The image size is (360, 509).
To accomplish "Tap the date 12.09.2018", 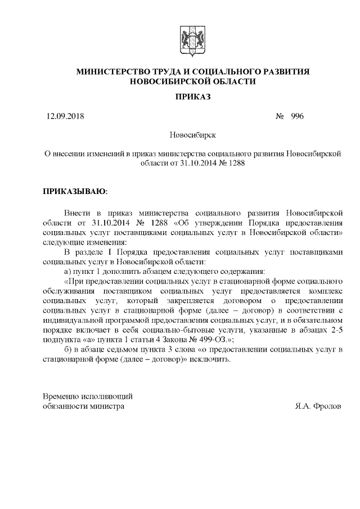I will coord(64,116).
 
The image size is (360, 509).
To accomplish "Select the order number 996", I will coord(297,116).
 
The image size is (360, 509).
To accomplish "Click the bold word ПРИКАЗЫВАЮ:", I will coord(75,191).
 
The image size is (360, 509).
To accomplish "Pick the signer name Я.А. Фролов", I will coord(318,405).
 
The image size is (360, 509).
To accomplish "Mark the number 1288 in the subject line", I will coord(236,164).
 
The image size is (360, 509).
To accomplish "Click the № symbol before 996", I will coord(280,116).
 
